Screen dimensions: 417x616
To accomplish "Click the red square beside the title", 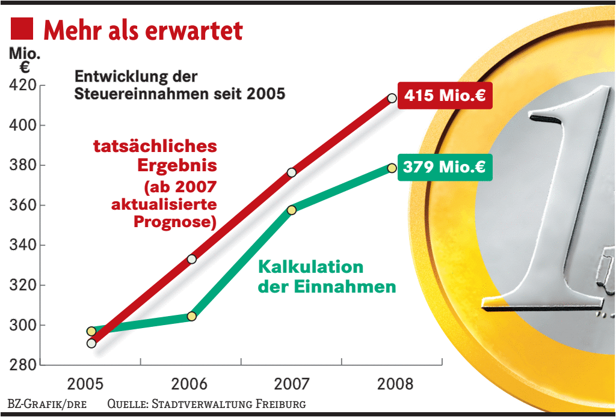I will coord(22,29).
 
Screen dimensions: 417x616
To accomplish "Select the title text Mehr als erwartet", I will coord(143,30).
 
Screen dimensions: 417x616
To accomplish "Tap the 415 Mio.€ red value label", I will coord(445,96).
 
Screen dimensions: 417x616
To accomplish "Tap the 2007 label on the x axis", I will coord(292,384).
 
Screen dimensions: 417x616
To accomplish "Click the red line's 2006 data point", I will coord(191,259).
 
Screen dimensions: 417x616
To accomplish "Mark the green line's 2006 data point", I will coord(191,316).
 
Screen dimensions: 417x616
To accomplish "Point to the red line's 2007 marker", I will coord(292,172).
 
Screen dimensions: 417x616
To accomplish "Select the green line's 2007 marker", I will coord(292,210).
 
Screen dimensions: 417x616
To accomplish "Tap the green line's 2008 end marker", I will coord(392,168).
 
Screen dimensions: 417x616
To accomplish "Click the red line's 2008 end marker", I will coord(392,98).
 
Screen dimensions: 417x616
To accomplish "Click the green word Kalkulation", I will coord(310,267).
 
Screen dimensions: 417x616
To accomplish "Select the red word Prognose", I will coord(174,222).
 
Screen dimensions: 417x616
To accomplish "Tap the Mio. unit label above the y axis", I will coord(24,53).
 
